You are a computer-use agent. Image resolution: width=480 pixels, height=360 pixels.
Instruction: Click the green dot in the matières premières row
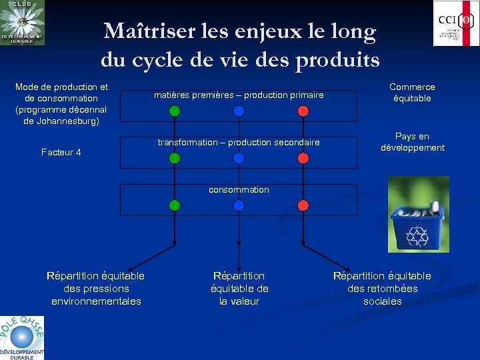click(175, 111)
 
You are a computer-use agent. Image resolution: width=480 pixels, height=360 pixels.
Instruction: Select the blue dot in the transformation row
click(239, 158)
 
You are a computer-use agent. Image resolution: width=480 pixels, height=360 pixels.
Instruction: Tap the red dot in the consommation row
click(303, 205)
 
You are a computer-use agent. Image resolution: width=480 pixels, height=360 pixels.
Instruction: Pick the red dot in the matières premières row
click(303, 111)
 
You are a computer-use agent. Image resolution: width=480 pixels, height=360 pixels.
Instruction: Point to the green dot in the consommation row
click(175, 205)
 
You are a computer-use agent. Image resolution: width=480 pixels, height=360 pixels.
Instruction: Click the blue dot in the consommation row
click(239, 205)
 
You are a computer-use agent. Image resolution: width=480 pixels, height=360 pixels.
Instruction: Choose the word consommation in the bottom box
click(239, 190)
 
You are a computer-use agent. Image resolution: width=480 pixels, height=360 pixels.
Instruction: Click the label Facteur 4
click(61, 152)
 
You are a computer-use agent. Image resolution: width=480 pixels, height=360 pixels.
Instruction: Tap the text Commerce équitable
click(412, 93)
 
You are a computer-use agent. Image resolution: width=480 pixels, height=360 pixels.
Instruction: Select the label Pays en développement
click(412, 142)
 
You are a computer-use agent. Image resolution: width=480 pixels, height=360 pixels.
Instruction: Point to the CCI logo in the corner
click(456, 23)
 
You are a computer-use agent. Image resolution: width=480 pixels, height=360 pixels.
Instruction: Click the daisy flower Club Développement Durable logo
click(22, 23)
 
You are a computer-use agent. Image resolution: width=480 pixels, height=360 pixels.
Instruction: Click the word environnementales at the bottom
click(96, 301)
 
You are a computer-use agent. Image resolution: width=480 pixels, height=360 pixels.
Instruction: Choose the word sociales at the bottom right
click(383, 301)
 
